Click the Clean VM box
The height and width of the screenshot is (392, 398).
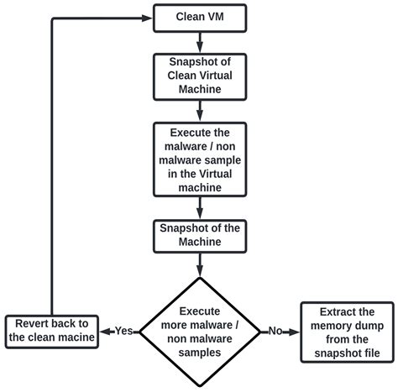click(x=199, y=17)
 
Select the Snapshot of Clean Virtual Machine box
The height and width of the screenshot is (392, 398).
click(x=199, y=75)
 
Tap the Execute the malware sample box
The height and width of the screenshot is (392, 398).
click(x=199, y=159)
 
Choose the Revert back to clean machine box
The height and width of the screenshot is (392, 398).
click(x=52, y=331)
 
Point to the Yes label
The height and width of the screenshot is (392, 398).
click(x=123, y=330)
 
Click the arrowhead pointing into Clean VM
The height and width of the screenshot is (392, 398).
click(x=148, y=17)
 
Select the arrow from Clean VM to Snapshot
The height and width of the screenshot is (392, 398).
click(x=199, y=41)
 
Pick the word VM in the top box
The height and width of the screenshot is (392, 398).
click(x=213, y=17)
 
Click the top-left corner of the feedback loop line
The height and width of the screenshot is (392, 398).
click(x=53, y=17)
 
